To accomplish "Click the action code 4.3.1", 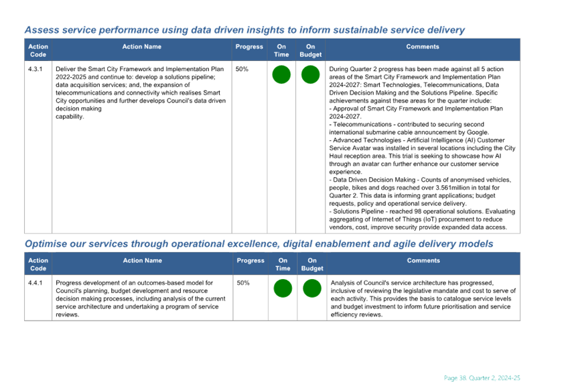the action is click(35, 69).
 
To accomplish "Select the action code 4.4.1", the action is click(35, 283).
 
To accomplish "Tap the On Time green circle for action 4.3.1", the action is click(281, 74).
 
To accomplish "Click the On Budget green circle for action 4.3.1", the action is click(310, 74).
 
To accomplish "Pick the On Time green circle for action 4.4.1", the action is click(283, 288).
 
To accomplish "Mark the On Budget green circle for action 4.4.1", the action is click(312, 288).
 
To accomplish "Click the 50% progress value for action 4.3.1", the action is click(242, 69).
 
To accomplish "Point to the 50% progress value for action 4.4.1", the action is click(243, 283).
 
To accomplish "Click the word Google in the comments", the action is click(478, 133).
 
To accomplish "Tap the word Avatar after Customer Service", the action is click(358, 148).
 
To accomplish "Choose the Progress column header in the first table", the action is click(249, 47).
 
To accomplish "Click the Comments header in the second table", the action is click(423, 260).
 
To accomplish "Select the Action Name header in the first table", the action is click(142, 46).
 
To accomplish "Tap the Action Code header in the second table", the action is click(38, 264).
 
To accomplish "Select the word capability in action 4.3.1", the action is click(69, 117).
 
